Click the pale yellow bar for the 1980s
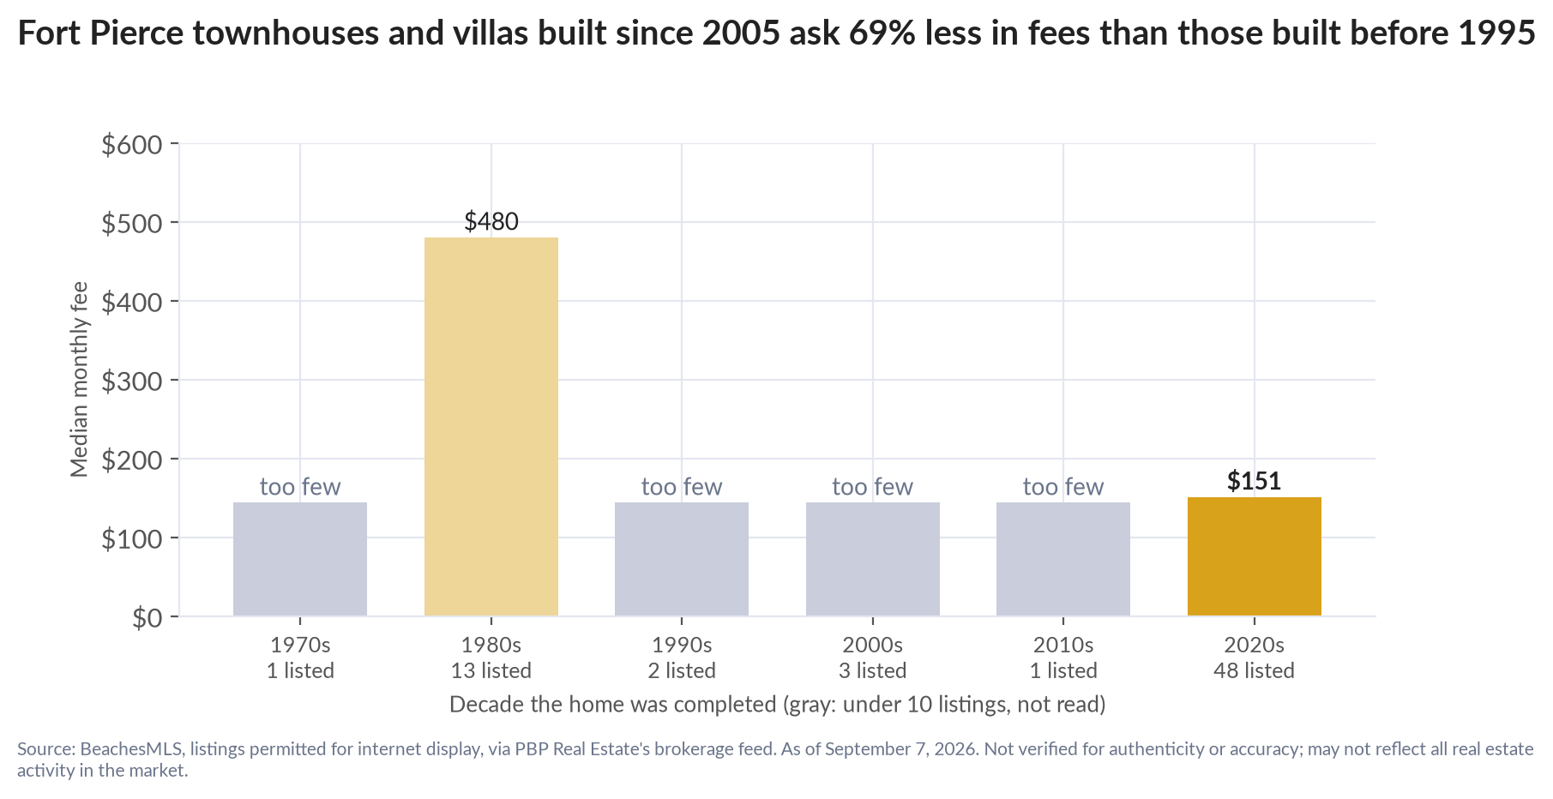tap(491, 426)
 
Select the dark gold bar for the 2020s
tap(1254, 556)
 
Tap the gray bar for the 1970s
tap(300, 559)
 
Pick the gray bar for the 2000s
tap(872, 559)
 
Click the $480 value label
tap(491, 221)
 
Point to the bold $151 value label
tap(1254, 481)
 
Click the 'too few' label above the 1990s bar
tap(682, 487)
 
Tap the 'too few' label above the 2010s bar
tap(1063, 487)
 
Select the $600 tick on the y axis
tap(132, 144)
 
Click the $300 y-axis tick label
tap(132, 381)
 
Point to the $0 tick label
tap(147, 617)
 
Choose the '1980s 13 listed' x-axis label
tap(491, 657)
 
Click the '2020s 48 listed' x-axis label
tap(1254, 657)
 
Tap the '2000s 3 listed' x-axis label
tap(872, 657)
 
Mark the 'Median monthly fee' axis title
tap(80, 379)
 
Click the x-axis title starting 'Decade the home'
tap(777, 705)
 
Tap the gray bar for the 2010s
tap(1063, 559)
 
